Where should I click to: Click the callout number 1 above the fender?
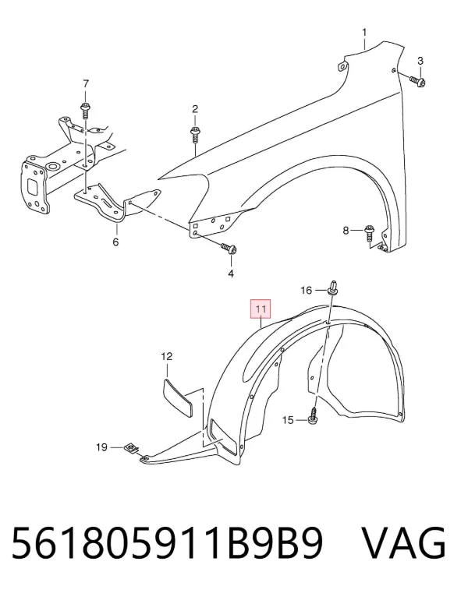point(364,33)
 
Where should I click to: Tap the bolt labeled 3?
point(417,80)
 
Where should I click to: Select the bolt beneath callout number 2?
point(195,135)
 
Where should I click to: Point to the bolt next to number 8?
point(369,232)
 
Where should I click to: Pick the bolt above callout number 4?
point(229,248)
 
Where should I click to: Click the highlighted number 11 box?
point(260,309)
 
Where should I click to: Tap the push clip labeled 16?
point(332,287)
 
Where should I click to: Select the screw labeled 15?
point(314,416)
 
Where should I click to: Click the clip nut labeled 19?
point(130,449)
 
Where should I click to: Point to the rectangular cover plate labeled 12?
point(177,397)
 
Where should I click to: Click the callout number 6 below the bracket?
point(115,242)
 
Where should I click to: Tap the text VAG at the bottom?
point(404,543)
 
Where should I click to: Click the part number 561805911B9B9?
point(168,543)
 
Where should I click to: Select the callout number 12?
point(167,356)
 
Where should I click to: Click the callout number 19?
point(101,447)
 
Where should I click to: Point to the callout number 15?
point(288,420)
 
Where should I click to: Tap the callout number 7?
point(86,83)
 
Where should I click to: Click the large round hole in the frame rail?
point(51,166)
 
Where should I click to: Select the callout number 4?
point(231,273)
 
